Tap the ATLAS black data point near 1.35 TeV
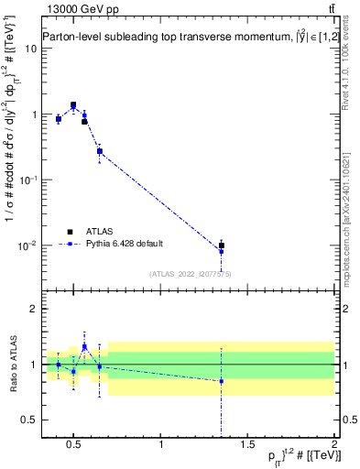[221, 245]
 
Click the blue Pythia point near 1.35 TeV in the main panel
[221, 251]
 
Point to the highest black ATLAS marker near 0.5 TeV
[73, 105]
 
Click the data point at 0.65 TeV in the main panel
[99, 151]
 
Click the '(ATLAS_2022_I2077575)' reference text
[190, 274]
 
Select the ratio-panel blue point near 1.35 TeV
[221, 381]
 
